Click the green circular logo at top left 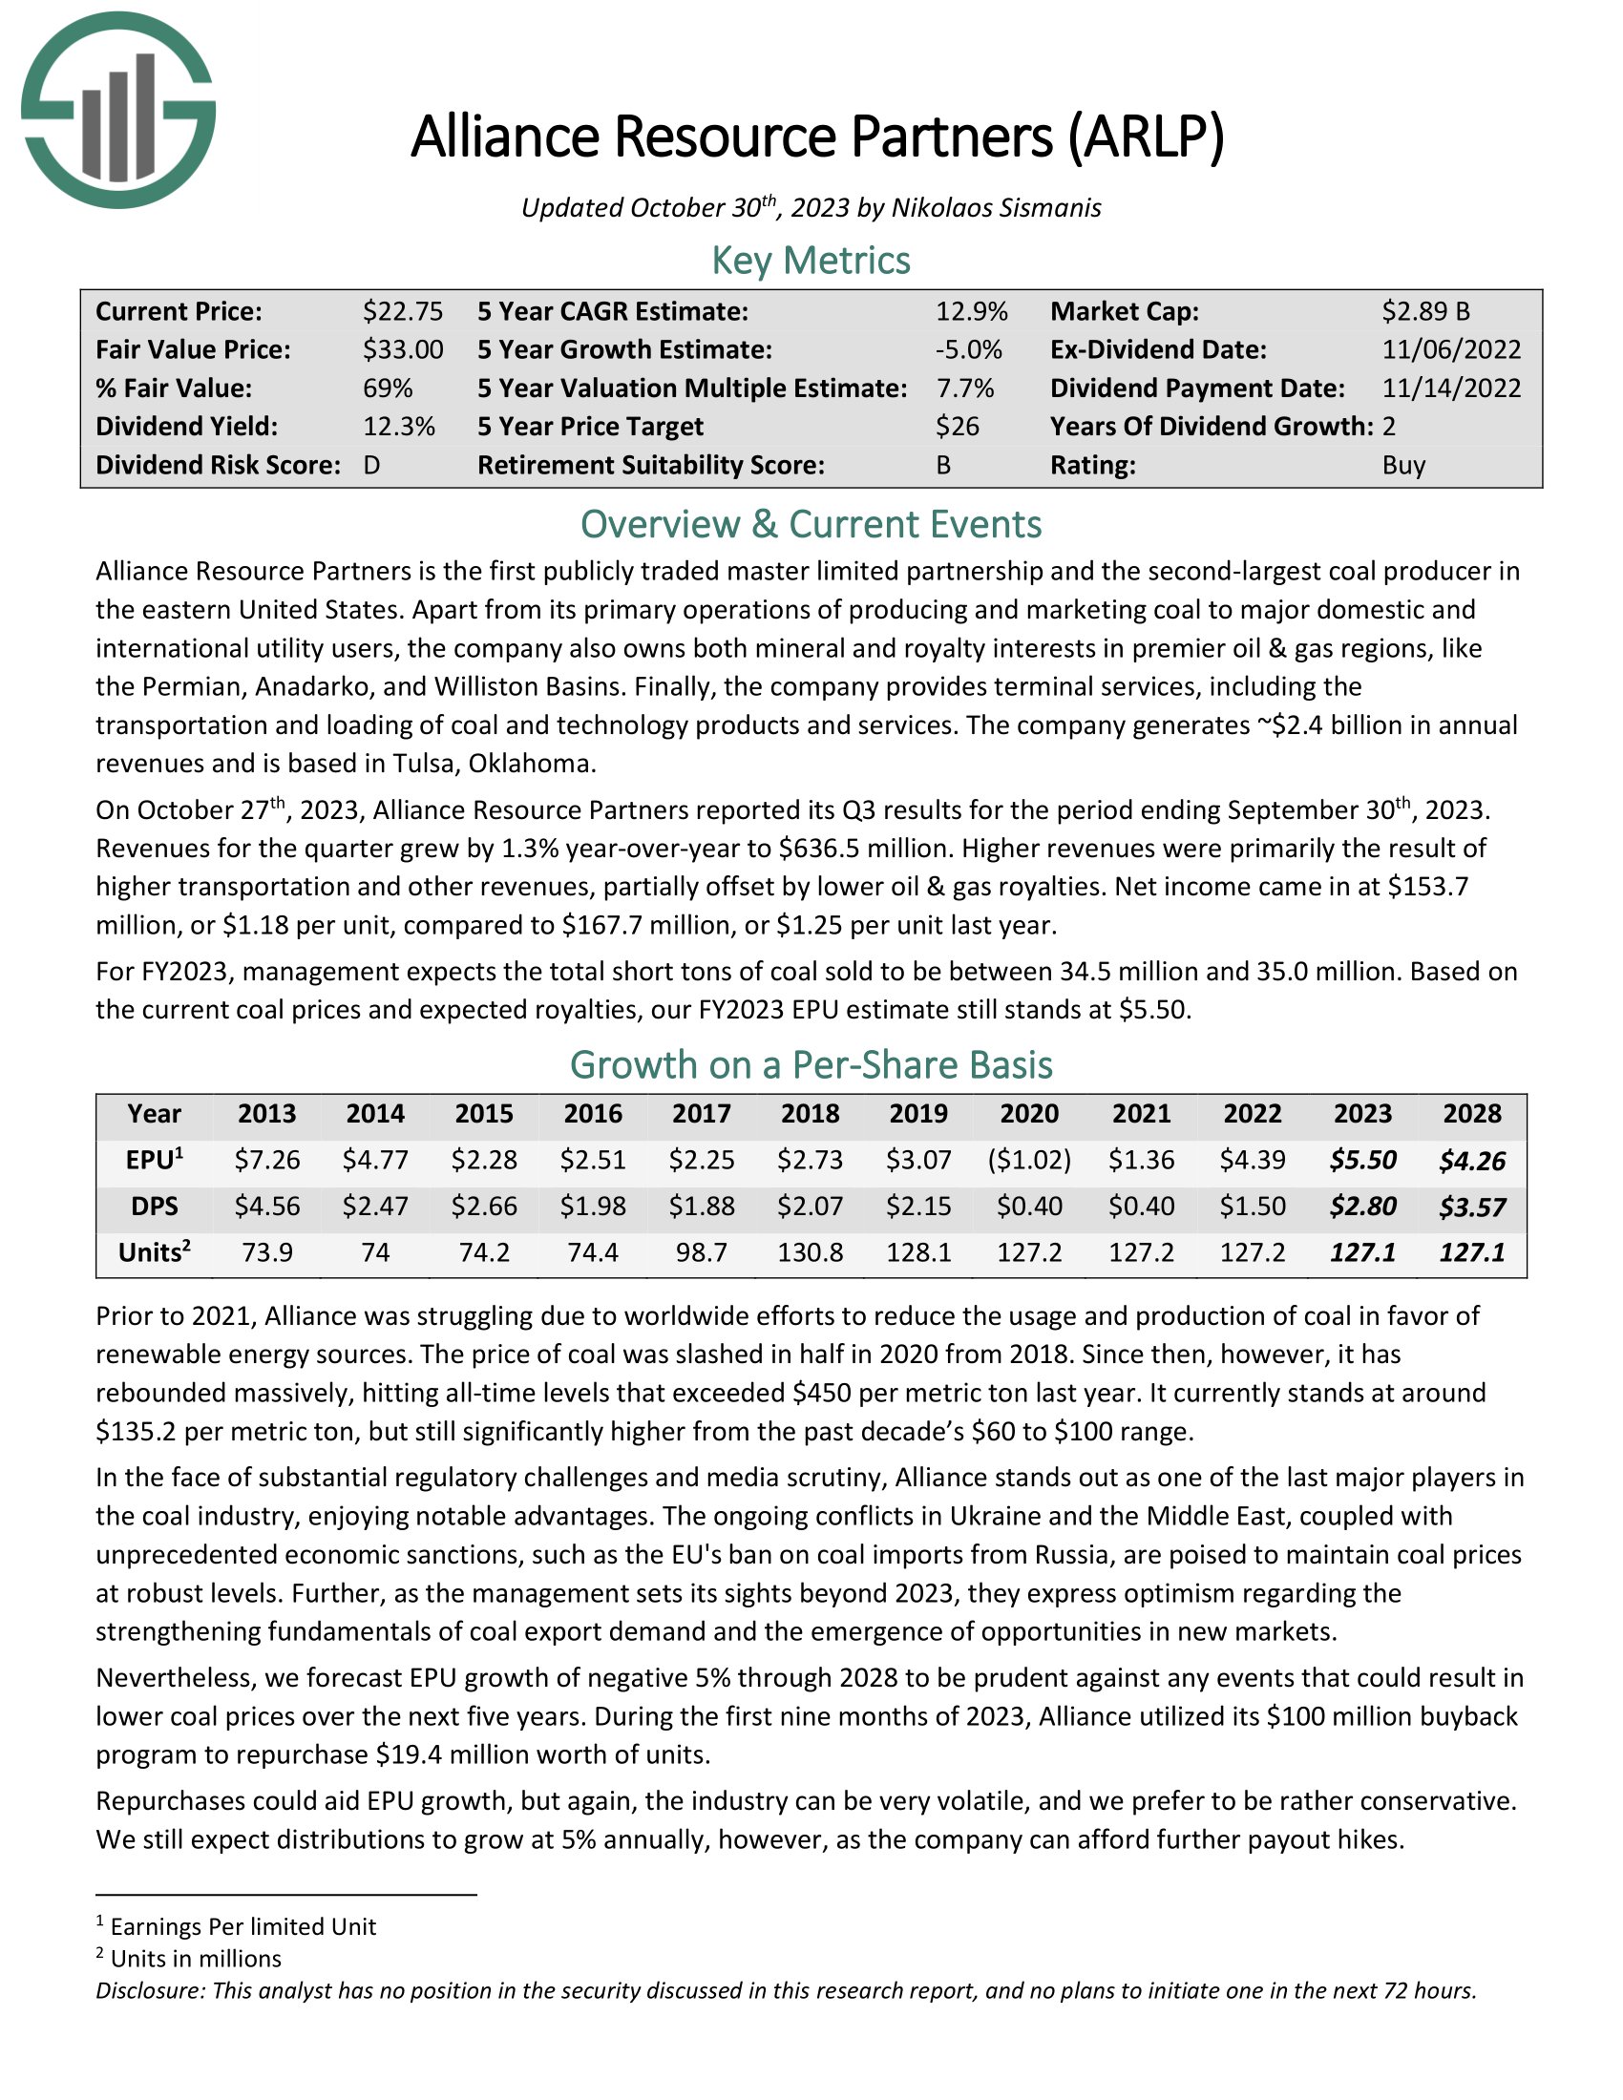(118, 110)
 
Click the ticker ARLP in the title (1145, 136)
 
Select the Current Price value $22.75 (403, 311)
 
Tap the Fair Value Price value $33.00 (403, 350)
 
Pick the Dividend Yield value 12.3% (399, 427)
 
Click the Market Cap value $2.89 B (1426, 311)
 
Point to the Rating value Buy (1403, 466)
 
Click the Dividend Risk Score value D (372, 466)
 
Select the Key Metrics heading (811, 261)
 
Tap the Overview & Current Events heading (811, 524)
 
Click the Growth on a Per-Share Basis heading (811, 1065)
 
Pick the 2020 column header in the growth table (1029, 1113)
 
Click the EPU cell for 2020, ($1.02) (1029, 1160)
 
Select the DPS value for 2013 (267, 1206)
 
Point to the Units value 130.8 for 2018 (811, 1252)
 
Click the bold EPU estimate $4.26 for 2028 (1472, 1161)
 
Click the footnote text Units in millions (196, 1959)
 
